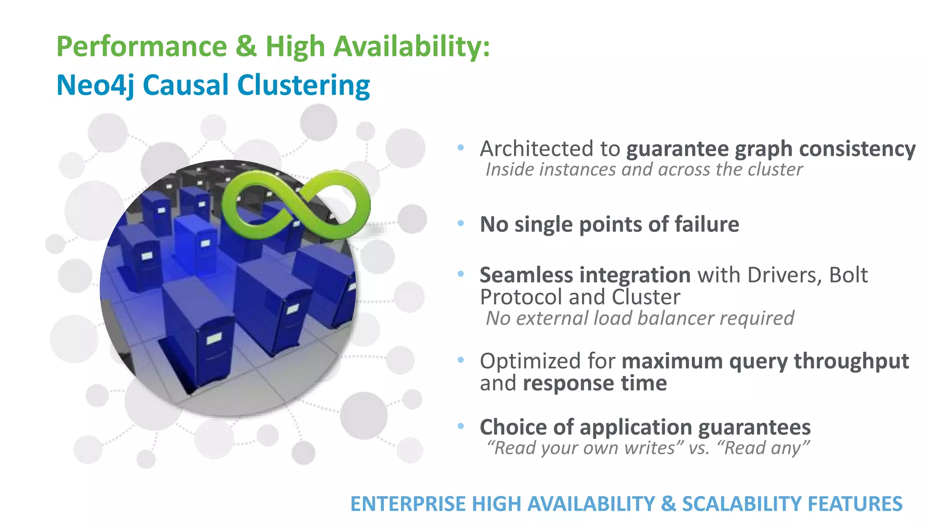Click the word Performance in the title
pos(142,47)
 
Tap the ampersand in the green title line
pos(246,47)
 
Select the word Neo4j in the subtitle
pos(95,85)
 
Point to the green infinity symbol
pos(296,205)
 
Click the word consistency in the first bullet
pos(857,149)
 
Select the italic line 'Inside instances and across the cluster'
pos(644,170)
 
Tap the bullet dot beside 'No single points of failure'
pos(461,223)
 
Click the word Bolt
pos(848,275)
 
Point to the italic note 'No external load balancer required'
pos(640,318)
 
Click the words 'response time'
pos(595,384)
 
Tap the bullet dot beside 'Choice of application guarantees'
pos(461,426)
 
